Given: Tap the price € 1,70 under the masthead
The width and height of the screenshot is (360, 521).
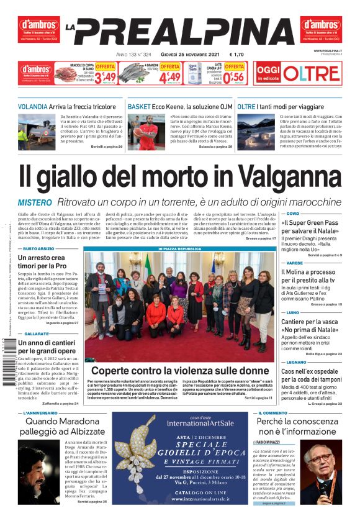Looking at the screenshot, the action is (x=236, y=54).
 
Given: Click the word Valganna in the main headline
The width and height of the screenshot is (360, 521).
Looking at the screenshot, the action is (x=281, y=176).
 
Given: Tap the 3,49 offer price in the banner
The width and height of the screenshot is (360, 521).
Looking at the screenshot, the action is (x=106, y=78).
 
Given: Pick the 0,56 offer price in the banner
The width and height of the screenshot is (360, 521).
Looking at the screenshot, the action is (x=234, y=78).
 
